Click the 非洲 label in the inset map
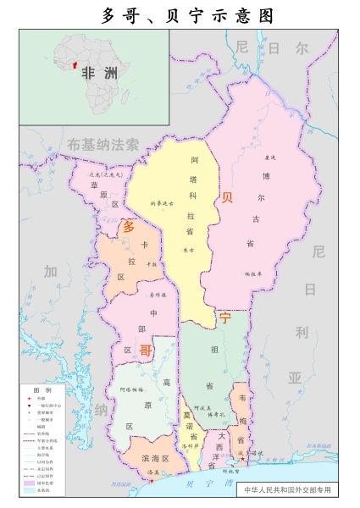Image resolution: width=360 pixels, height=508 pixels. [x=99, y=73]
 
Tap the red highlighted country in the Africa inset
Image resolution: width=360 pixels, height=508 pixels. [x=75, y=65]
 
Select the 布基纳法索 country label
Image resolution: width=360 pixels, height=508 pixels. [x=102, y=145]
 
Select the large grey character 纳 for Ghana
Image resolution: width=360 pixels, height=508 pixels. [x=102, y=411]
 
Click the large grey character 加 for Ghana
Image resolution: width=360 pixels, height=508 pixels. [x=51, y=272]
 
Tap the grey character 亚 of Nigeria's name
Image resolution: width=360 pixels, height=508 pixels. [x=295, y=377]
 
